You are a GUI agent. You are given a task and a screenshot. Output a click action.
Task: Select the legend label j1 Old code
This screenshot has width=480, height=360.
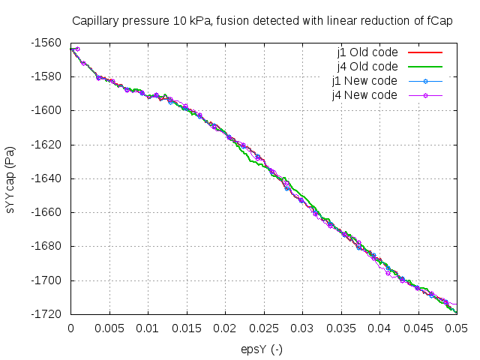(367, 53)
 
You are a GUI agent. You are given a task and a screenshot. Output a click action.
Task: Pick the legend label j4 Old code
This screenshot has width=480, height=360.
(367, 67)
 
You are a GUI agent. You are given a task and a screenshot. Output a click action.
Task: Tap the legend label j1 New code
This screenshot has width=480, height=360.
(366, 81)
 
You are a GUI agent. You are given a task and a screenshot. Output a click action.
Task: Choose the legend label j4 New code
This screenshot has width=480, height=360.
(366, 95)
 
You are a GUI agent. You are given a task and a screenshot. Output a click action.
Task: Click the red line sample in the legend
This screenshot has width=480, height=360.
(424, 53)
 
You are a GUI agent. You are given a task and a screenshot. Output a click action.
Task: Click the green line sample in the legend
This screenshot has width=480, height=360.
(424, 67)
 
